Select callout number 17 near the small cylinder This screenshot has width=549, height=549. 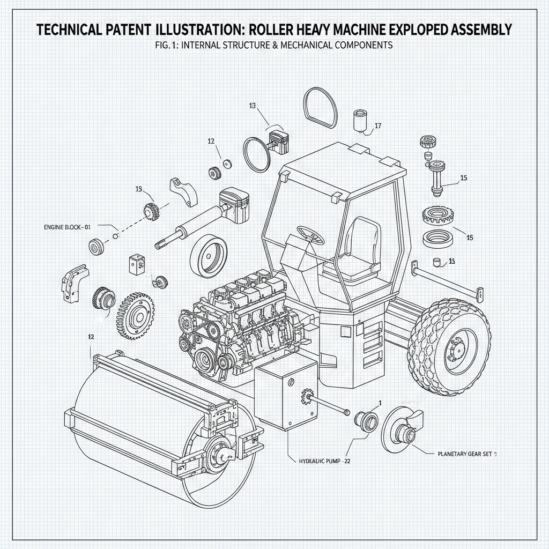[377, 126]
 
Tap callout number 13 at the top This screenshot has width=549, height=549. [252, 106]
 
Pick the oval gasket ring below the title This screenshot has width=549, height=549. [321, 108]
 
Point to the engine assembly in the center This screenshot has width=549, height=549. [241, 322]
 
